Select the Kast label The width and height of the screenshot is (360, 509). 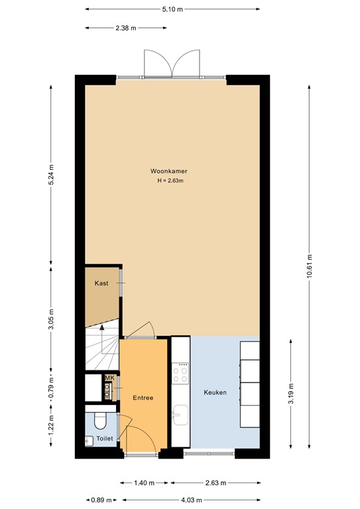(101, 283)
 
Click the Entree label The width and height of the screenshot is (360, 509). (143, 398)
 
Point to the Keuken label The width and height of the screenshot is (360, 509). (215, 392)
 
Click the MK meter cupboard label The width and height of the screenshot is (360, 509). (109, 378)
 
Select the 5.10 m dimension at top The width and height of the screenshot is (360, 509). (172, 9)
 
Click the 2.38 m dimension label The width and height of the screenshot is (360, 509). (126, 28)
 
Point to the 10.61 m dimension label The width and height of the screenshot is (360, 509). (310, 268)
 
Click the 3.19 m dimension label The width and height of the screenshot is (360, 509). (290, 392)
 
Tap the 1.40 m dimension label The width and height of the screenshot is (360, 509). (144, 482)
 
